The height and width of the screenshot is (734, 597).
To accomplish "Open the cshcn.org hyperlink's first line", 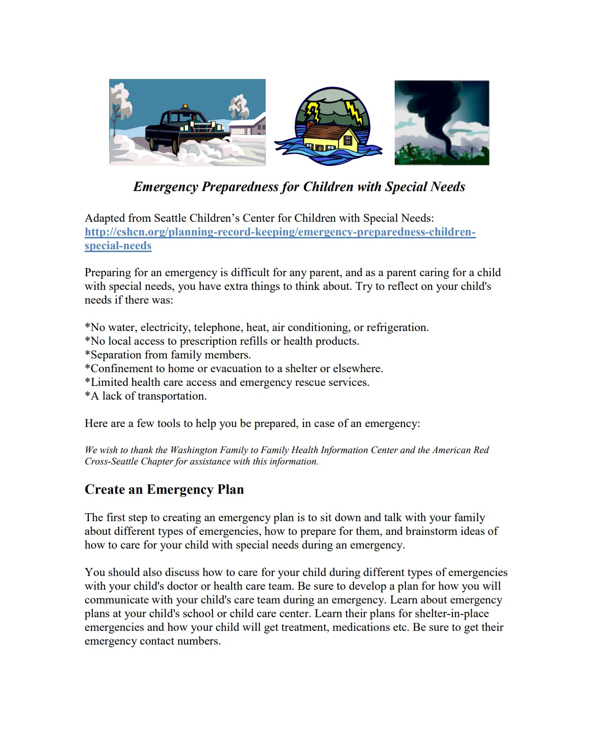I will click(x=280, y=232).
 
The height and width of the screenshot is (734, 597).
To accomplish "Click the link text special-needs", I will click(x=118, y=245).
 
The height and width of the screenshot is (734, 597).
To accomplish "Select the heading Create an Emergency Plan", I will click(x=164, y=489).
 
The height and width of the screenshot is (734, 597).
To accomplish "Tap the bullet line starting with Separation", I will click(x=168, y=355).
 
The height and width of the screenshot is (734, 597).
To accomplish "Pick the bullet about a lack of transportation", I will click(x=146, y=396).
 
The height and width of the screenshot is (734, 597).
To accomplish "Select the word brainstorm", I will click(x=431, y=531).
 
